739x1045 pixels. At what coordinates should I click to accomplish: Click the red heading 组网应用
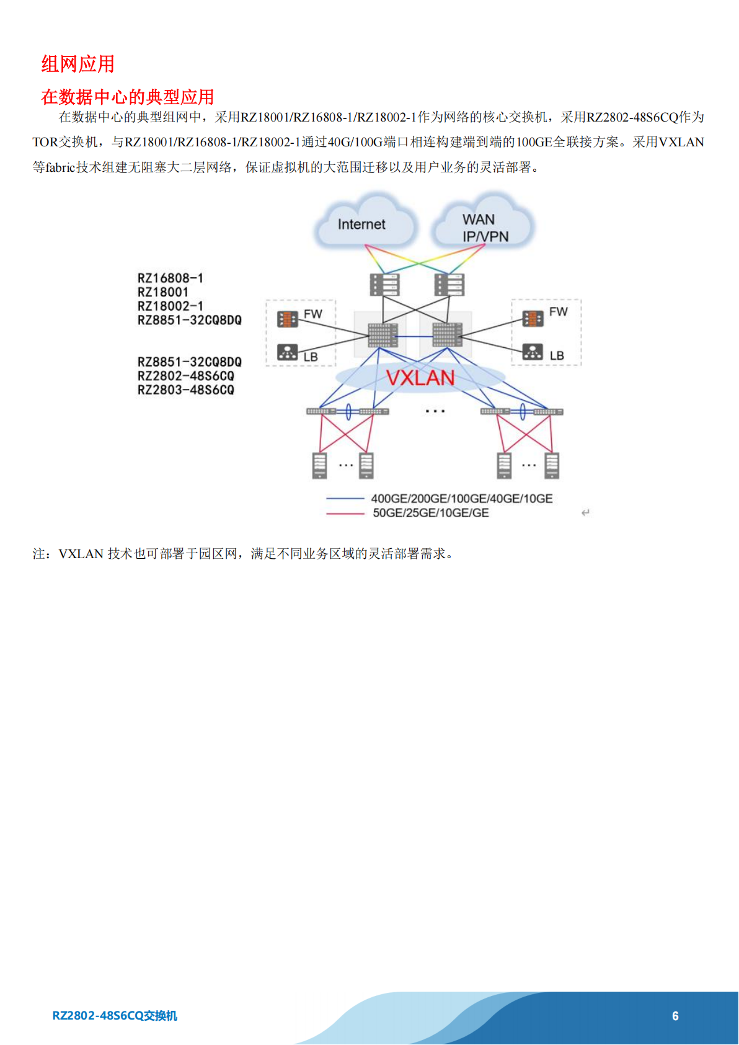coord(78,64)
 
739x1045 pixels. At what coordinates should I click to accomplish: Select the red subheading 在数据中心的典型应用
coord(127,97)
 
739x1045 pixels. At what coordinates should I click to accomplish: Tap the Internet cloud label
coord(361,225)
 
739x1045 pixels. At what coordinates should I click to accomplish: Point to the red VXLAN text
coord(420,378)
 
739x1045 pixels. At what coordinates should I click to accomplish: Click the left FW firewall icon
coord(287,319)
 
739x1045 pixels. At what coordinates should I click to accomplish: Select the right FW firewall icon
coord(533,318)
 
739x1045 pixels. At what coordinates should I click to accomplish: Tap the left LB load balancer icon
coord(287,352)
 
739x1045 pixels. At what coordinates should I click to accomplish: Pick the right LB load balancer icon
coord(533,351)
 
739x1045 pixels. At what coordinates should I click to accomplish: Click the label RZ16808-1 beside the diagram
coord(170,278)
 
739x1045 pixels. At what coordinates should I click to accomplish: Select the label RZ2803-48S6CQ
coord(185,389)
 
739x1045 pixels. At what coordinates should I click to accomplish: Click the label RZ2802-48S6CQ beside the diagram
coord(185,376)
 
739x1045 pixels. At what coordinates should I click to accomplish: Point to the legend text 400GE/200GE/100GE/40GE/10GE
coord(462,499)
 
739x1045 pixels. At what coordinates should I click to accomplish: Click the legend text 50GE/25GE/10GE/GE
coord(431,513)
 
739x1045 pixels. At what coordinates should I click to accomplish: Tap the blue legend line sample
coord(345,499)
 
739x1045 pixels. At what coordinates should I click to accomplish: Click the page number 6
coord(675,1016)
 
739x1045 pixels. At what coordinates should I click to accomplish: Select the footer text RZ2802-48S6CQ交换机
coord(115,1016)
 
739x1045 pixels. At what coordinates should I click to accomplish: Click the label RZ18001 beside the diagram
coord(162,292)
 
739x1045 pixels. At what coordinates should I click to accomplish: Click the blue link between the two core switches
coord(415,336)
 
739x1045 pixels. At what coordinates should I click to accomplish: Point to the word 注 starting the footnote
coord(38,554)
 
